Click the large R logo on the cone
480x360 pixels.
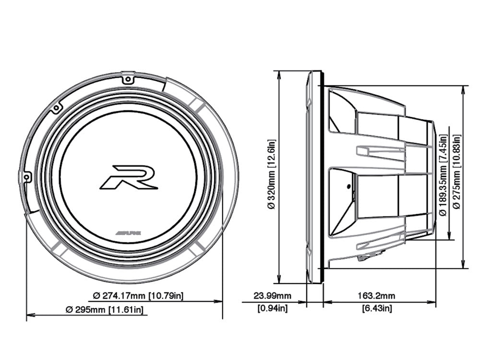[129, 177]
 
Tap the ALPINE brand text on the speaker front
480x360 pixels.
[129, 232]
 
